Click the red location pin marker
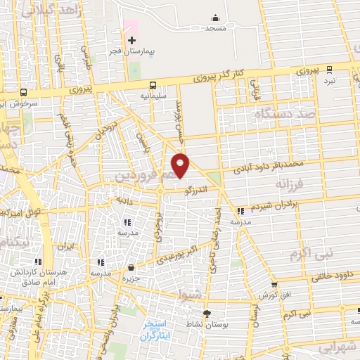pyautogui.click(x=181, y=165)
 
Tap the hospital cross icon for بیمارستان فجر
pyautogui.click(x=131, y=40)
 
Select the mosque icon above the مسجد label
pyautogui.click(x=214, y=18)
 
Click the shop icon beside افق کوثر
pyautogui.click(x=274, y=285)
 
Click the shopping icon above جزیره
pyautogui.click(x=131, y=267)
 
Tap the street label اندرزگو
pyautogui.click(x=192, y=189)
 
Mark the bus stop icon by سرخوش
pyautogui.click(x=25, y=91)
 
